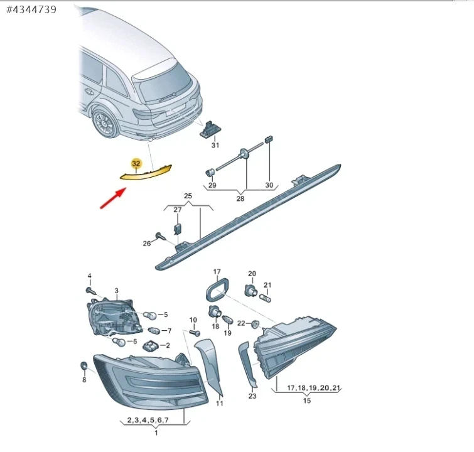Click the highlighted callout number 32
(136, 164)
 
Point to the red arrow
(113, 198)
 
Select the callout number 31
(215, 145)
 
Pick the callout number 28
(240, 198)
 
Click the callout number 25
(188, 196)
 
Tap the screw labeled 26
(161, 237)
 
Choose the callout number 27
(178, 210)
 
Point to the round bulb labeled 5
(150, 316)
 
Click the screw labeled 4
(90, 291)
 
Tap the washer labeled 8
(83, 365)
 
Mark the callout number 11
(220, 403)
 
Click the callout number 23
(252, 395)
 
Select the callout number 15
(307, 401)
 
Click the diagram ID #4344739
(31, 9)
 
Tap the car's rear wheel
(105, 123)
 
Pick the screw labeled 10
(195, 333)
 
